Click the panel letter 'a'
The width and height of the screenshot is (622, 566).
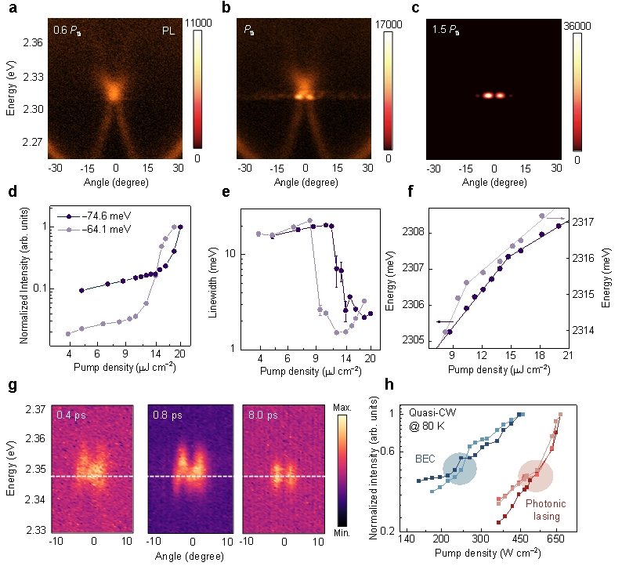13,8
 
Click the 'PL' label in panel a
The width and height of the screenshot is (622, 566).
168,31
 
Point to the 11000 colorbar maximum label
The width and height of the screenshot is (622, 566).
198,23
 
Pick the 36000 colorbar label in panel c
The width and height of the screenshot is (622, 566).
577,26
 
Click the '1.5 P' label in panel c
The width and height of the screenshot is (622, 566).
446,30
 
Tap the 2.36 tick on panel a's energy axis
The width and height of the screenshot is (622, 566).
34,42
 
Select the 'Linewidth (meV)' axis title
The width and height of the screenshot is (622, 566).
213,282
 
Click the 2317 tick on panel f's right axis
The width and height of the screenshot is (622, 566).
583,222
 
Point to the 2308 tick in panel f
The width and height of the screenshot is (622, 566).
414,232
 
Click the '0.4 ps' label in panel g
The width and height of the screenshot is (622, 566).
71,415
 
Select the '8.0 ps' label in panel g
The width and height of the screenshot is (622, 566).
263,415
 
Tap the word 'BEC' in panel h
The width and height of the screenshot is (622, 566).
425,459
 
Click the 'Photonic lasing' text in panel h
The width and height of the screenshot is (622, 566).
546,510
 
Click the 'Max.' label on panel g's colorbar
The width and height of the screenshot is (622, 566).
342,408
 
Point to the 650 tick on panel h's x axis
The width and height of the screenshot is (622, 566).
555,539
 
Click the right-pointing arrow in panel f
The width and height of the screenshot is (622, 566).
555,218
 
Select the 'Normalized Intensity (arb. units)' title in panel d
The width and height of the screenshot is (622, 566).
24,275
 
